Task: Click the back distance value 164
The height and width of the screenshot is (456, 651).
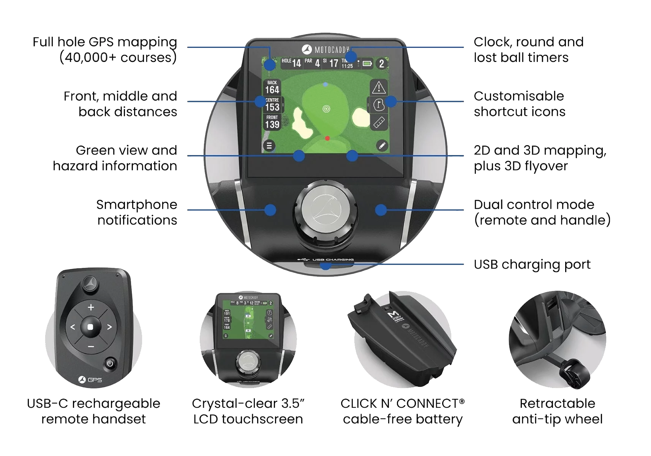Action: [272, 90]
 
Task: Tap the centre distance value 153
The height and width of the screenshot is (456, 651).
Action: [272, 107]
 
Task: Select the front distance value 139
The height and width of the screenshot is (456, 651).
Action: [272, 124]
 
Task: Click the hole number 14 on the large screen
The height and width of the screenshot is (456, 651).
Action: [296, 63]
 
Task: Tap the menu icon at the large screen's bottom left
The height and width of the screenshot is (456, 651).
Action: [269, 146]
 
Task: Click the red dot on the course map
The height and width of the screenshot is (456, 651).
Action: [327, 138]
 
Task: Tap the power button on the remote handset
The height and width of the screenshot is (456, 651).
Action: [110, 364]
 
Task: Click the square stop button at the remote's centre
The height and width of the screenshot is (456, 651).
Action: [90, 327]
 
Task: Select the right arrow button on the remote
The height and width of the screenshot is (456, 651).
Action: [109, 327]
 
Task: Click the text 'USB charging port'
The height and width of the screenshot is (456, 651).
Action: [532, 264]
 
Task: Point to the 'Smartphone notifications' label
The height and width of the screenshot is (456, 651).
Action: [137, 212]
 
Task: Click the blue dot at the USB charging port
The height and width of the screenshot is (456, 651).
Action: [325, 265]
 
